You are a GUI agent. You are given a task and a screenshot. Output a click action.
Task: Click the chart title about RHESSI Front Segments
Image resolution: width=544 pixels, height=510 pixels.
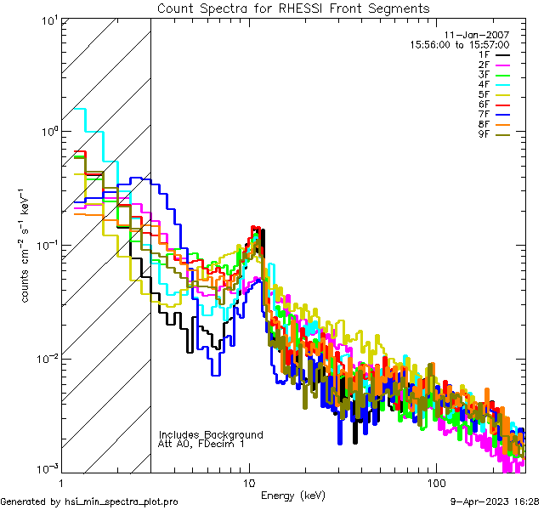(x=293, y=8)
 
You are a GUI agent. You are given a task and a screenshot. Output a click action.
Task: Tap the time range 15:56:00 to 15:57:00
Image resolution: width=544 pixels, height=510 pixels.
(x=460, y=44)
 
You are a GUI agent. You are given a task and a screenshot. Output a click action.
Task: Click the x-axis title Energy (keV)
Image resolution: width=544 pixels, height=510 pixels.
(x=292, y=496)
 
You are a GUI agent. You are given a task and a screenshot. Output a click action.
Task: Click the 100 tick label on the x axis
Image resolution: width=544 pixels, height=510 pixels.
(x=436, y=482)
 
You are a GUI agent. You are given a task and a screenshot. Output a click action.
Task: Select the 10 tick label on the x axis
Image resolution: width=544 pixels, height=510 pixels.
(x=249, y=482)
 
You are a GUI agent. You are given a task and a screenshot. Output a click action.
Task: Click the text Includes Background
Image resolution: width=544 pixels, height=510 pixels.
(x=211, y=434)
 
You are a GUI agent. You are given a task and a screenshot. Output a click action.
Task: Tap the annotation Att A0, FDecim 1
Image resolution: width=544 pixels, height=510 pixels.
(x=201, y=444)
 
